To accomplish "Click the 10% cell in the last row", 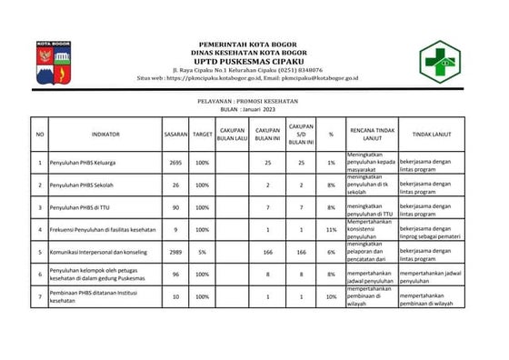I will pyautogui.click(x=331, y=296).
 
